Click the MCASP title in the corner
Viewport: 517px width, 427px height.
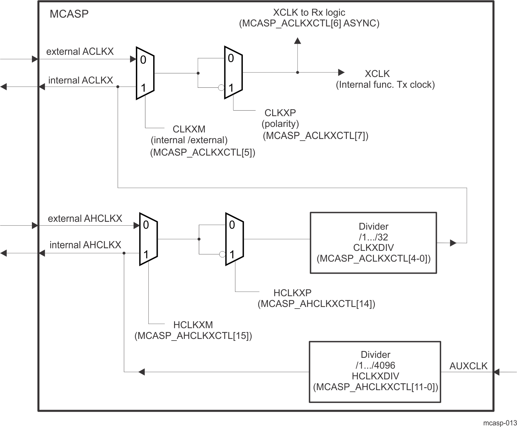click(69, 14)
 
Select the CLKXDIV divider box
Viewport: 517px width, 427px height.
click(373, 243)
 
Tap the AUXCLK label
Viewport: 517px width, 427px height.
click(468, 366)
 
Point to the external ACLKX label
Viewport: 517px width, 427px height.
click(80, 52)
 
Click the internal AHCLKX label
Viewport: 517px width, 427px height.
click(85, 245)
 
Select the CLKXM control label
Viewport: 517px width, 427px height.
click(189, 129)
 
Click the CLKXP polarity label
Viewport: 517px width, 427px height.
click(280, 113)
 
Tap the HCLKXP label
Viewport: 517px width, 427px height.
click(292, 293)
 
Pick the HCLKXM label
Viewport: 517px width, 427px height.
click(193, 325)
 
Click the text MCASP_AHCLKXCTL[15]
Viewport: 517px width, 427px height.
click(193, 336)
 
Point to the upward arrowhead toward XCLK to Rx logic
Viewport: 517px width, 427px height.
click(297, 40)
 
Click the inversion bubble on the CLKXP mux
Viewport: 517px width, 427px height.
click(221, 88)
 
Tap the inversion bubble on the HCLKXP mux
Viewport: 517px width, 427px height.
click(222, 254)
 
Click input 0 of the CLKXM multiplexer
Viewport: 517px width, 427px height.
click(143, 60)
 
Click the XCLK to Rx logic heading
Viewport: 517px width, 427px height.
click(309, 12)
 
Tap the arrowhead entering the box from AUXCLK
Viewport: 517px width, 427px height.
click(496, 372)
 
